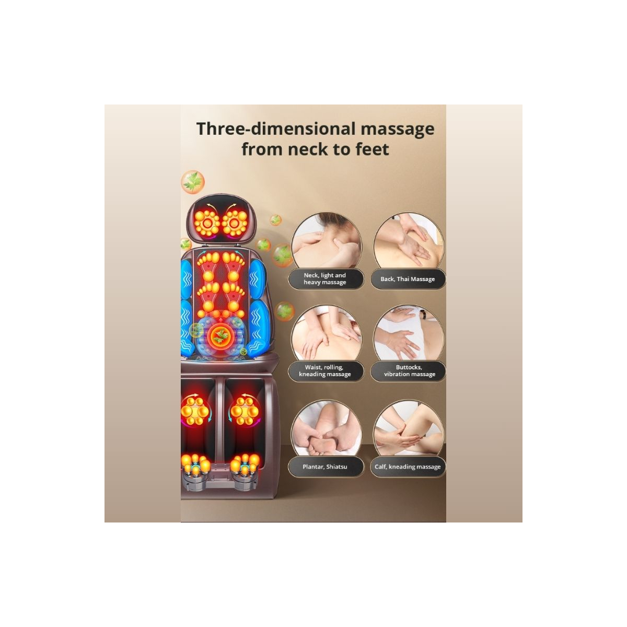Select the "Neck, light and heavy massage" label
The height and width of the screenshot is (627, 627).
[324, 278]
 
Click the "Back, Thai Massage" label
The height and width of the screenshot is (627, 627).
[408, 279]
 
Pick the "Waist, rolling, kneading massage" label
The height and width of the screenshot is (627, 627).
[324, 371]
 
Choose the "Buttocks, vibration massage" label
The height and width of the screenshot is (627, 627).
[409, 371]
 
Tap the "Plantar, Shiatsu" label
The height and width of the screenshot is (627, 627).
[324, 467]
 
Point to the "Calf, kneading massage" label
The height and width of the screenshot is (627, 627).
[408, 467]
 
